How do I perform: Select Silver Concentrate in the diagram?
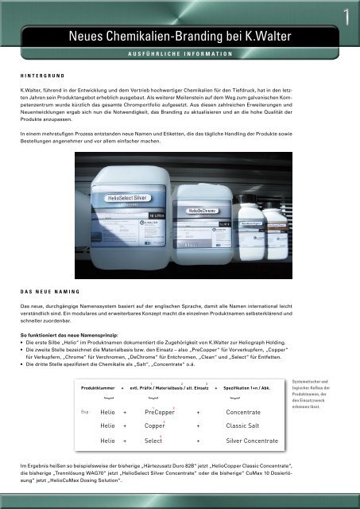[253, 440]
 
